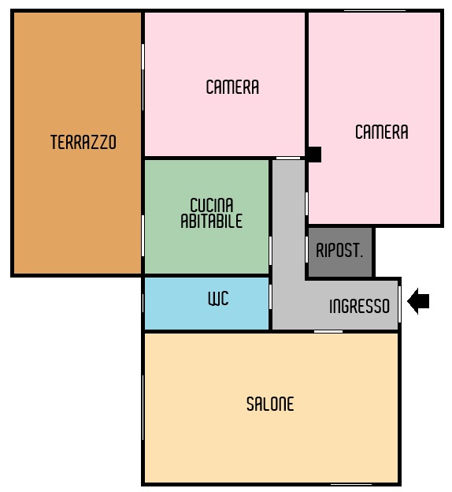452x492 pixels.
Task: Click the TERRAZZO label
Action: (x=83, y=142)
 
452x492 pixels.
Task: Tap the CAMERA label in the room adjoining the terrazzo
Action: (x=232, y=87)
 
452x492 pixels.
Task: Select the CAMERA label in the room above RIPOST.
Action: (x=382, y=132)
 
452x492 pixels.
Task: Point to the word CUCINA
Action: (x=212, y=205)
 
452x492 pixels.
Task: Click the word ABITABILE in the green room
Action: (x=212, y=221)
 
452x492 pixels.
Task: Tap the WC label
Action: (x=218, y=298)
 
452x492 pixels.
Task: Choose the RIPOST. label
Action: (x=339, y=251)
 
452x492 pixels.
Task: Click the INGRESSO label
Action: (x=360, y=306)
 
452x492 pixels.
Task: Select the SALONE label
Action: (x=270, y=404)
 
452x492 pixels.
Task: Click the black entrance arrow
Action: (x=418, y=301)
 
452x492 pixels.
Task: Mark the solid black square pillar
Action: (x=313, y=155)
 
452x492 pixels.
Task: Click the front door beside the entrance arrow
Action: (x=399, y=304)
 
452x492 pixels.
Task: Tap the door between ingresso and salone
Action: (x=328, y=331)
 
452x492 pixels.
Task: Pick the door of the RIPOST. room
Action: (x=306, y=249)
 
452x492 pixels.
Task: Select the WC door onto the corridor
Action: (x=270, y=296)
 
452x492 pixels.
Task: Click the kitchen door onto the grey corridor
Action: (x=270, y=251)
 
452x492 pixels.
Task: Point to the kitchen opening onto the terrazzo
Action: (x=143, y=236)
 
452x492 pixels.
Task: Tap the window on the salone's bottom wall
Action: (x=351, y=485)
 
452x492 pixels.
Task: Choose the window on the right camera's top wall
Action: (x=375, y=11)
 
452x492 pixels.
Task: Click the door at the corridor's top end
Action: (x=288, y=158)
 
